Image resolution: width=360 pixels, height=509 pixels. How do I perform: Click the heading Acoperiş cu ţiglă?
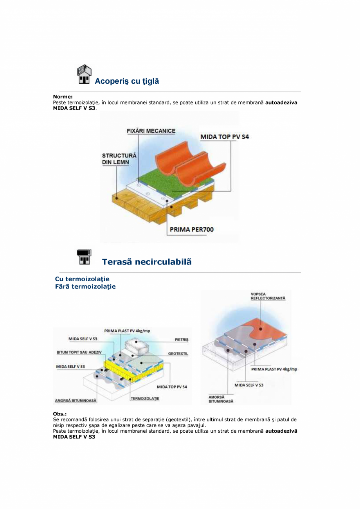pyautogui.click(x=127, y=81)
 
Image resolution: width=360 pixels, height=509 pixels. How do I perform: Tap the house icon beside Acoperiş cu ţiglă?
pyautogui.click(x=84, y=75)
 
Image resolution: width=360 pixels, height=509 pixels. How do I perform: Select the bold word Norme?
pyautogui.click(x=63, y=96)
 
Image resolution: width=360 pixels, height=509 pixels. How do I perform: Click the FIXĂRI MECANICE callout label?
pyautogui.click(x=151, y=131)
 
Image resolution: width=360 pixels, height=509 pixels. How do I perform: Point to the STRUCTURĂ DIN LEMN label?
pyautogui.click(x=119, y=159)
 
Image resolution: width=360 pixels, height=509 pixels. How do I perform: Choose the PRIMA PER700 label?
pyautogui.click(x=192, y=230)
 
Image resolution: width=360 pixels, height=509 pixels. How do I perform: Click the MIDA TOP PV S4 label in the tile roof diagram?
pyautogui.click(x=225, y=137)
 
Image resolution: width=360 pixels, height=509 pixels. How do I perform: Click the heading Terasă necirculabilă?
pyautogui.click(x=147, y=262)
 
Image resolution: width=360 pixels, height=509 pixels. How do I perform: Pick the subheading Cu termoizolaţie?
pyautogui.click(x=82, y=279)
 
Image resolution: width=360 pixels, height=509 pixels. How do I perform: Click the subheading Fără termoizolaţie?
pyautogui.click(x=85, y=286)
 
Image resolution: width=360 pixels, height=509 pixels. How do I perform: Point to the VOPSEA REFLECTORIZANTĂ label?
pyautogui.click(x=268, y=296)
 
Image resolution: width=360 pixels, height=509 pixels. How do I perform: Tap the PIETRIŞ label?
pyautogui.click(x=181, y=340)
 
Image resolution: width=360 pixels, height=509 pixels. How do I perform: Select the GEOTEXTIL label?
pyautogui.click(x=178, y=354)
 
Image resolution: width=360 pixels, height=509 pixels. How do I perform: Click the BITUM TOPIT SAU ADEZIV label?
pyautogui.click(x=79, y=352)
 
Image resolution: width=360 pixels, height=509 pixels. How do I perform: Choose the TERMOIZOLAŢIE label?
pyautogui.click(x=145, y=399)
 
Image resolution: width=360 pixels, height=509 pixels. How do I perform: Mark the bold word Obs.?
pyautogui.click(x=60, y=414)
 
